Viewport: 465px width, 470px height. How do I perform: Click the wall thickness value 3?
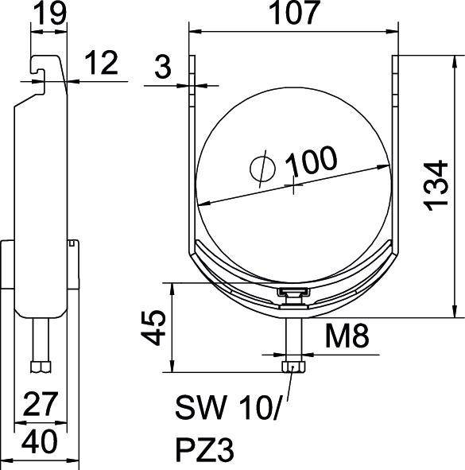[x=163, y=69]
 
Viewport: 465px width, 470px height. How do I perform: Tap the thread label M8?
[x=347, y=339]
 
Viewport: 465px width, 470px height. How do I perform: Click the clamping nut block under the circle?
[x=292, y=296]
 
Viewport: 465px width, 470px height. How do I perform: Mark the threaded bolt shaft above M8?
[x=292, y=334]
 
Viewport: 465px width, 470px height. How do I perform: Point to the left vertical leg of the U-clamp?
[x=191, y=159]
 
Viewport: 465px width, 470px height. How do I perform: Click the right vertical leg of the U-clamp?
[x=394, y=159]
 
